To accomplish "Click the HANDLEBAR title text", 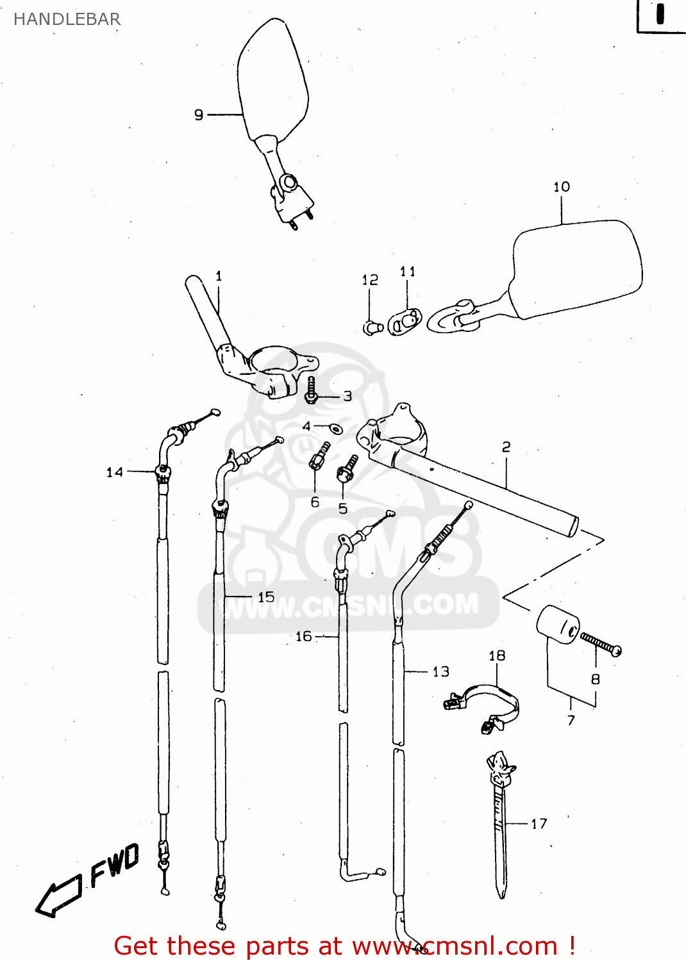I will [x=67, y=19].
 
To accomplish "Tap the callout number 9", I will [x=199, y=115].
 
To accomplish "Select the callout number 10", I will [x=562, y=186].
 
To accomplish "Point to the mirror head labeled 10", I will [x=577, y=269].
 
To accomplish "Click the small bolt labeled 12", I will [x=371, y=328].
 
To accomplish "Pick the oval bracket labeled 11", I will [x=405, y=322].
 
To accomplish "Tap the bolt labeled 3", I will [x=312, y=390].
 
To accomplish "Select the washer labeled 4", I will [x=335, y=428].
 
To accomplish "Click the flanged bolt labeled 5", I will [x=347, y=470].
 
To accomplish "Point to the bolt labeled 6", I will [x=319, y=456].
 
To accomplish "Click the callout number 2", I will [x=506, y=447].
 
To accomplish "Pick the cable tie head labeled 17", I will [x=499, y=769].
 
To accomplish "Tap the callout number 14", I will [x=115, y=472].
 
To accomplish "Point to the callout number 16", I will [x=303, y=636].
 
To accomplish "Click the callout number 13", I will [x=441, y=671].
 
